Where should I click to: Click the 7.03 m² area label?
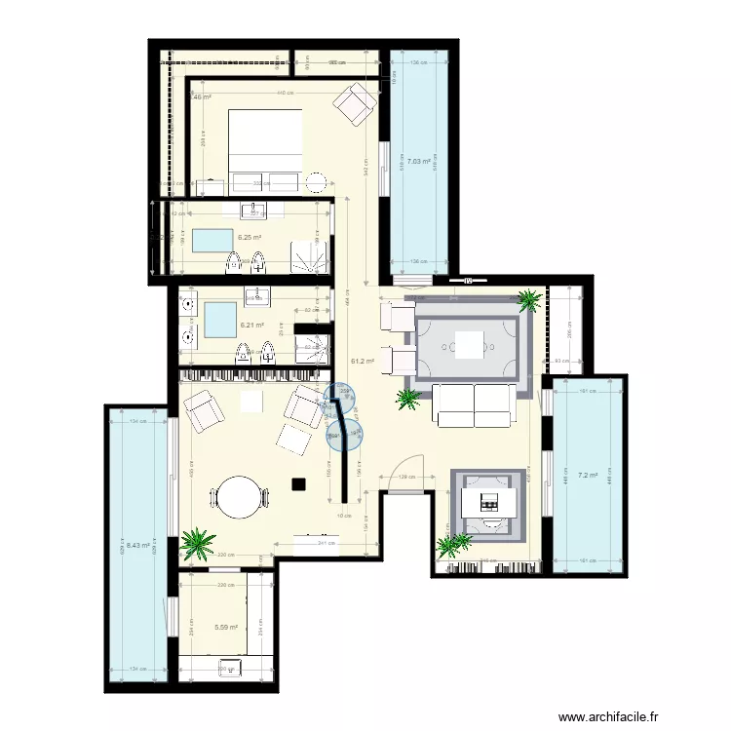tap(420, 162)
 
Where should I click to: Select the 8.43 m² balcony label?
tap(137, 546)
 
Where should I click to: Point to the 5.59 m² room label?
tap(227, 628)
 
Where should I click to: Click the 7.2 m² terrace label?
tap(589, 476)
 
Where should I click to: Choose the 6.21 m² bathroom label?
tap(251, 327)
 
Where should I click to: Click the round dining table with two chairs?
tap(240, 497)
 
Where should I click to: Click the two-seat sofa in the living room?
tap(475, 405)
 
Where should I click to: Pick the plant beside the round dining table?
tap(198, 542)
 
